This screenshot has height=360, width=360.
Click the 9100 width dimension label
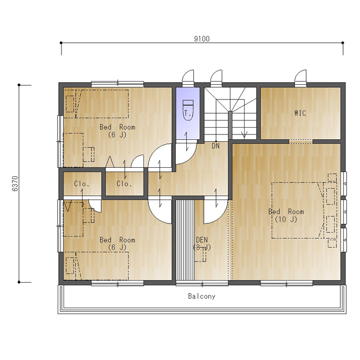[202, 39]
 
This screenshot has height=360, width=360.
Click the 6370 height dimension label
[15, 184]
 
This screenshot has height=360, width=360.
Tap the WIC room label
[300, 113]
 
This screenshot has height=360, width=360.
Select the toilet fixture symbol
[188, 110]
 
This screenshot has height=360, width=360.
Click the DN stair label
[215, 146]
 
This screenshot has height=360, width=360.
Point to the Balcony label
[202, 296]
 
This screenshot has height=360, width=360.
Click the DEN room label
[202, 240]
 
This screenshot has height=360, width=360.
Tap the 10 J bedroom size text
[286, 220]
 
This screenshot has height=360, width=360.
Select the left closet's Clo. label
[82, 184]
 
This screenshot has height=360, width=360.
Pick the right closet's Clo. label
[124, 184]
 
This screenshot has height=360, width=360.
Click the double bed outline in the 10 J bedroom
[298, 210]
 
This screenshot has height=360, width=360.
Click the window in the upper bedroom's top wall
[118, 83]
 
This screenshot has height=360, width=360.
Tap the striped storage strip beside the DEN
[185, 240]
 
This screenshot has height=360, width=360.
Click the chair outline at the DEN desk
[200, 255]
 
